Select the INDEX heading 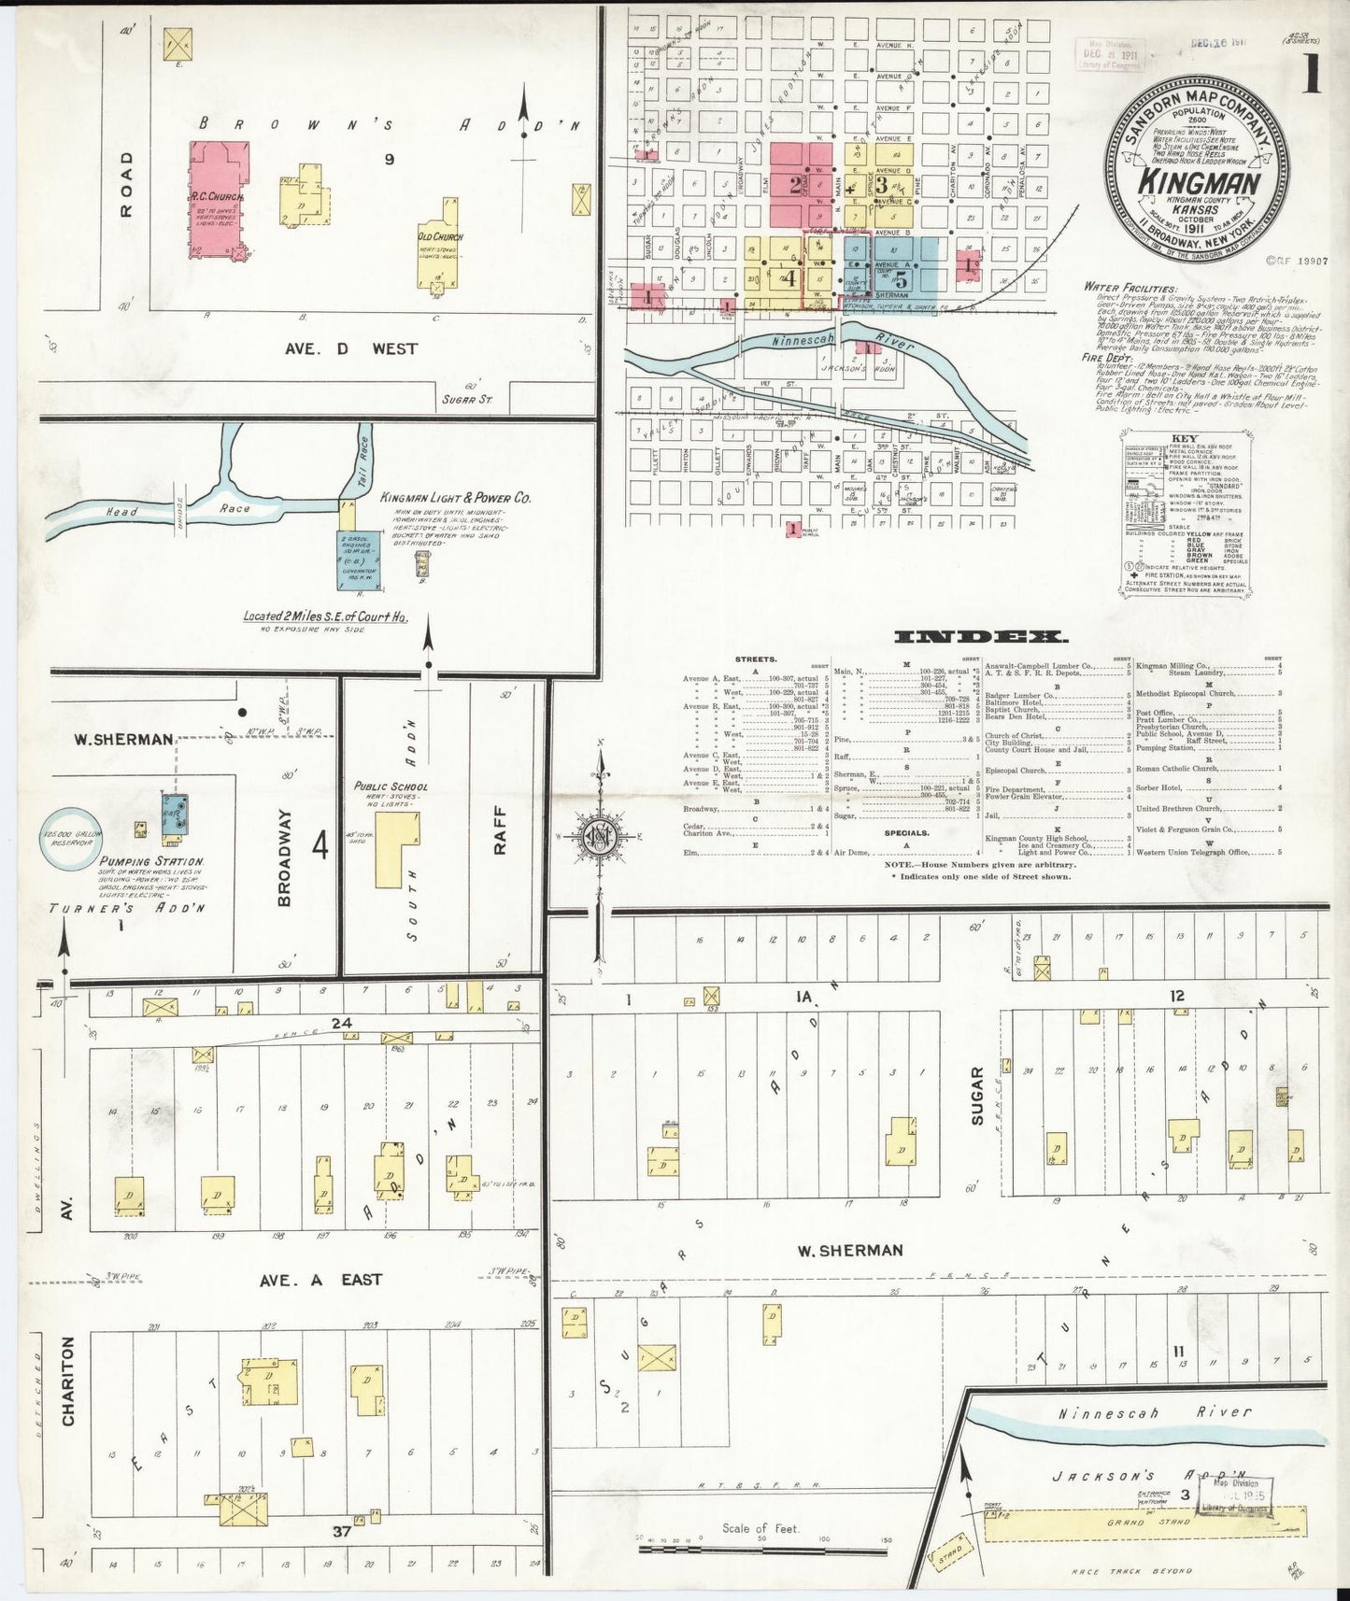tap(981, 637)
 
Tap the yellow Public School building tap(397, 848)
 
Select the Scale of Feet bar tap(762, 1549)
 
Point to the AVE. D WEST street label tap(350, 348)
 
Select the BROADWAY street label tap(285, 857)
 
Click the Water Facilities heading tap(1130, 288)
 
